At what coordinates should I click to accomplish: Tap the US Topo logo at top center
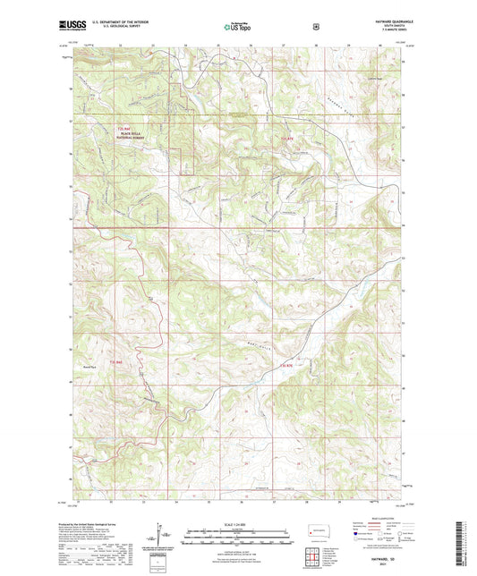tap(234, 28)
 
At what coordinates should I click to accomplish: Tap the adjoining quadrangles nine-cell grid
tap(315, 555)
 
